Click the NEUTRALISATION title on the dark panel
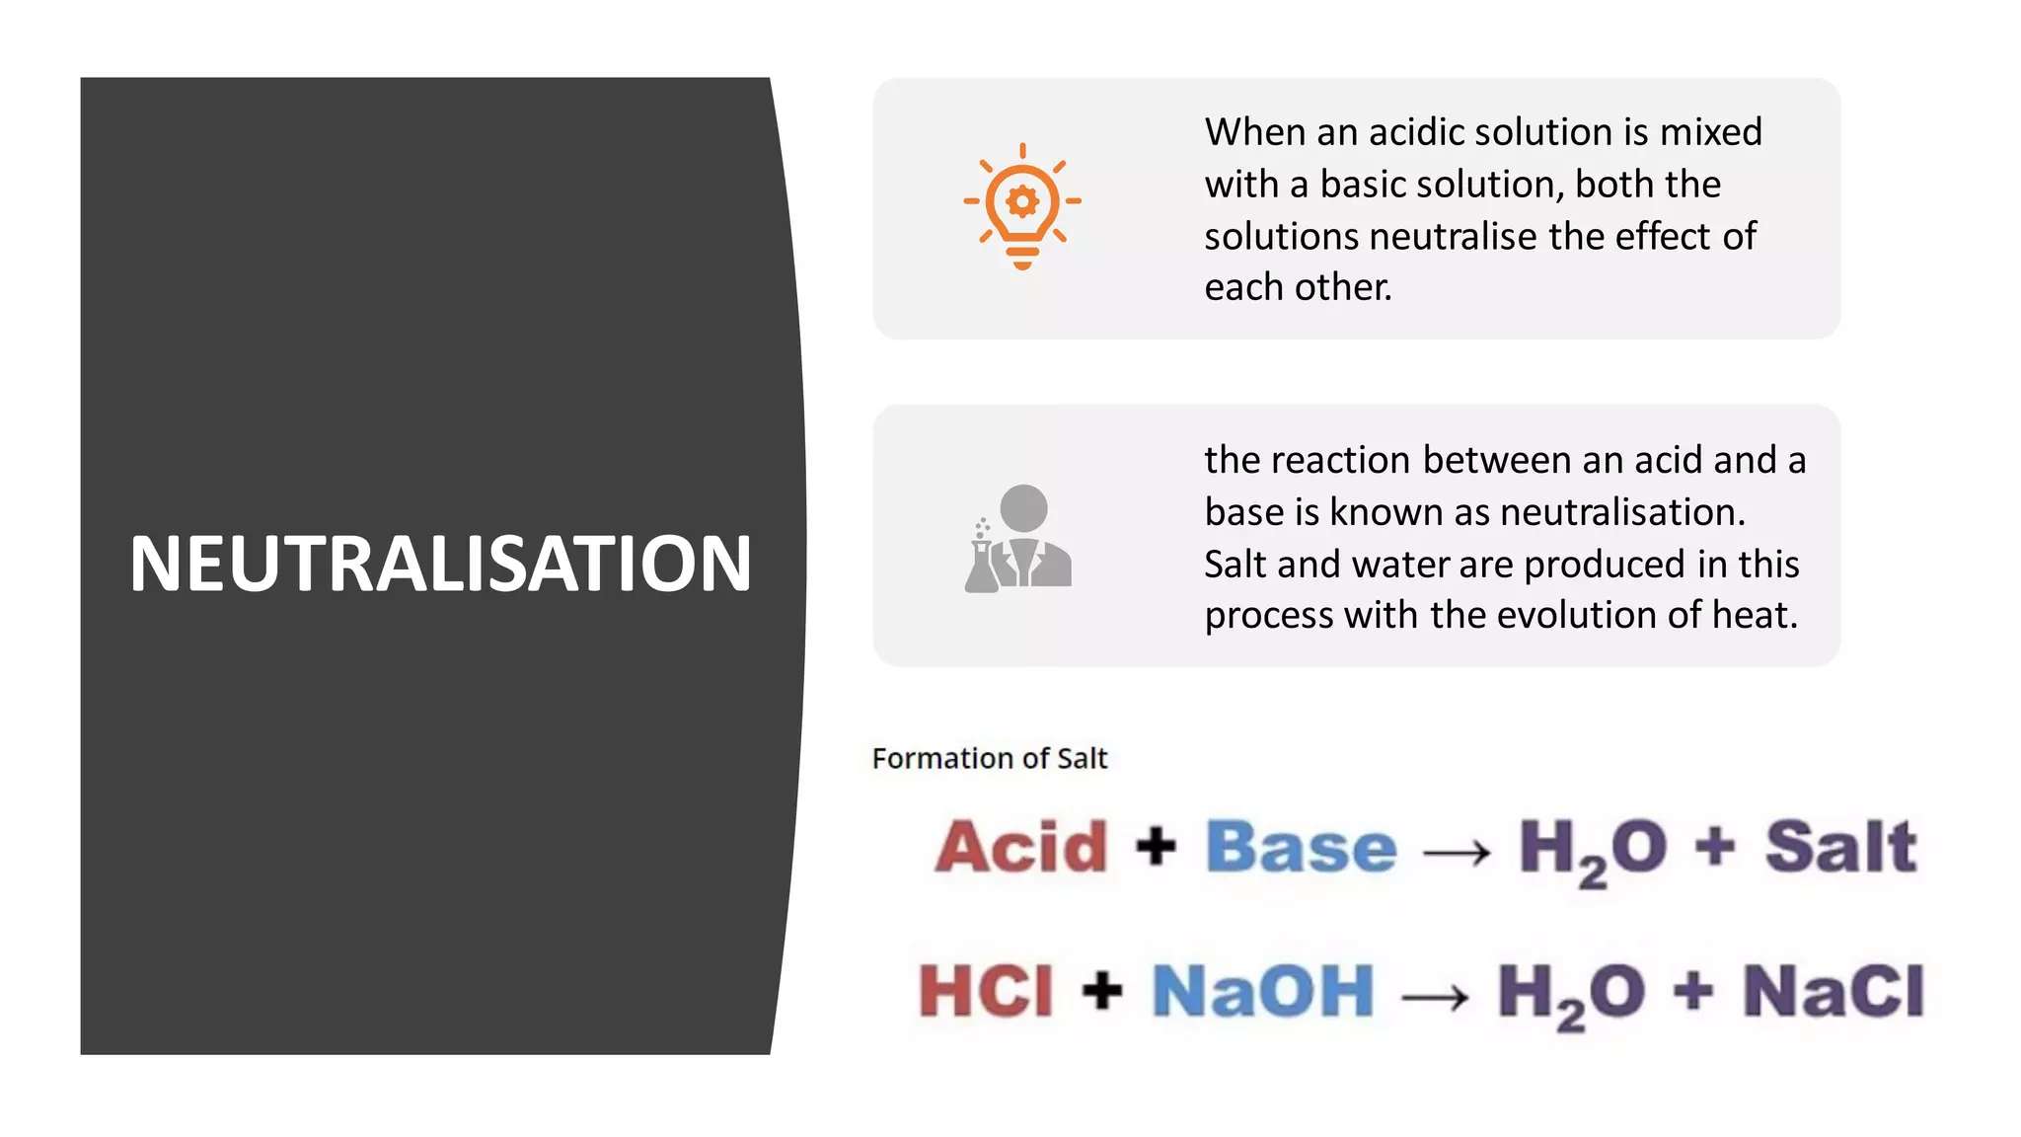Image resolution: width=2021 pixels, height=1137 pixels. (440, 564)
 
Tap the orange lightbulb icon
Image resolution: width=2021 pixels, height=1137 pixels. (1022, 205)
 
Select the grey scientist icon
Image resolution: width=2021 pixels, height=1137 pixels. (1019, 539)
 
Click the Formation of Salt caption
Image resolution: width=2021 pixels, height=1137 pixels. (989, 758)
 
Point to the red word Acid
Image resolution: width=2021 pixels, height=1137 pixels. (1021, 847)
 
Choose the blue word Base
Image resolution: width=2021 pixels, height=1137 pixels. (1301, 847)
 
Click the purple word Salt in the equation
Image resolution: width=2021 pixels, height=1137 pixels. (1840, 847)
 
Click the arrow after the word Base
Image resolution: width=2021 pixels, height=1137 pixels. (1457, 852)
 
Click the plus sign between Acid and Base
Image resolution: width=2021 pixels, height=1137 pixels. (1156, 847)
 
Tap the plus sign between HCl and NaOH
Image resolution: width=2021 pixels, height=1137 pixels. (1102, 990)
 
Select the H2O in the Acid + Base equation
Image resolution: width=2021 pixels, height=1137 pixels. (1592, 849)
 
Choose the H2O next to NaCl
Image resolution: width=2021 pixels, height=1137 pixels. (1570, 993)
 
